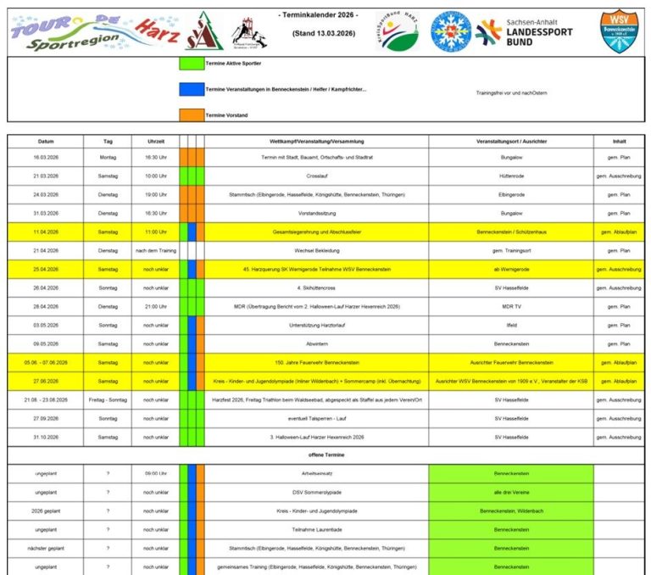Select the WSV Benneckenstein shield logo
tap(619, 31)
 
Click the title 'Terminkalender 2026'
tap(318, 16)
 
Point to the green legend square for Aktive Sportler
tap(192, 64)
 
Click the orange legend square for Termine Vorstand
tap(192, 115)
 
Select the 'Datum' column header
tap(45, 141)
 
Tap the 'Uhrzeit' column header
tap(156, 141)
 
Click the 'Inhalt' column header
tap(620, 141)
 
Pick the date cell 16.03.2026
tap(45, 157)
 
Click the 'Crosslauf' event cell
tap(316, 176)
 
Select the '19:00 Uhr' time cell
tap(156, 194)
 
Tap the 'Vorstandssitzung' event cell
tap(316, 213)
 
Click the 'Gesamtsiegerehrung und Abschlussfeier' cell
tap(316, 232)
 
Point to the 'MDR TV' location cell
tap(511, 306)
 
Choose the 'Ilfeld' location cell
tap(511, 325)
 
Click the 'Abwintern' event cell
tap(316, 343)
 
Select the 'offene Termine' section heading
tap(326, 455)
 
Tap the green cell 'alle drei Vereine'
tap(511, 492)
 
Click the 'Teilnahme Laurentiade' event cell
tap(316, 529)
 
